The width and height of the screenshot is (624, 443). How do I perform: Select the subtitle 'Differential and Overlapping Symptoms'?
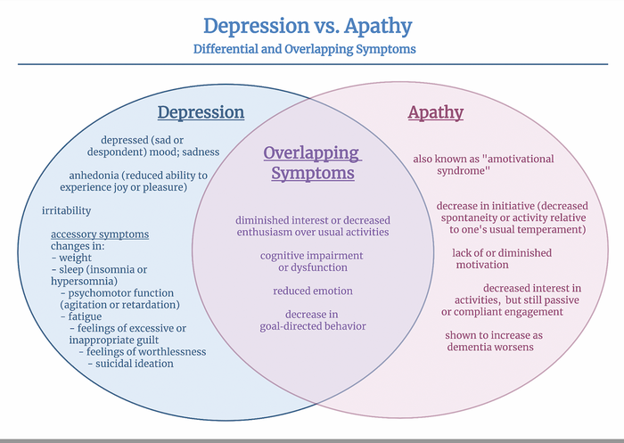[304, 49]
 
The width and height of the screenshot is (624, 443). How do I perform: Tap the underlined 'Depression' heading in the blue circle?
[201, 112]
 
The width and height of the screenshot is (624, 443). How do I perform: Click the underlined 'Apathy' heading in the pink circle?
[435, 112]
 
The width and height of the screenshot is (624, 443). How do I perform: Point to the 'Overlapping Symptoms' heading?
[312, 162]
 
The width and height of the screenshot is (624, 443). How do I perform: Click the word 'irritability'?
[66, 211]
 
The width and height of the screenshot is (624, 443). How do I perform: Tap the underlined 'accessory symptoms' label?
[100, 234]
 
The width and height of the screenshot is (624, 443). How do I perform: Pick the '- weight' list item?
[71, 258]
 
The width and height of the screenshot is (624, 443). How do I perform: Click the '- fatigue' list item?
[81, 316]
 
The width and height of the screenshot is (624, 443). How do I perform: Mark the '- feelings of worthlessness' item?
[142, 351]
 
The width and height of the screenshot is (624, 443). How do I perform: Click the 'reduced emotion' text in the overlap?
[312, 291]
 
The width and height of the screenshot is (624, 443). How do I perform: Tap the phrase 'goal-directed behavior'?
[312, 326]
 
